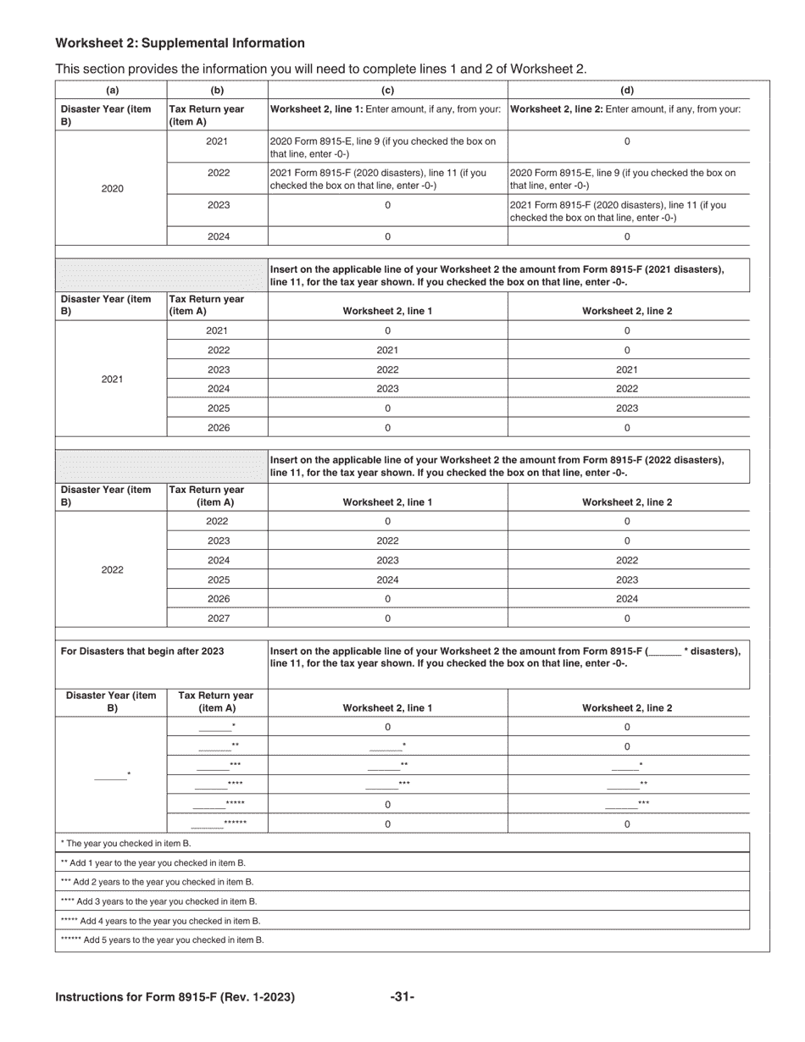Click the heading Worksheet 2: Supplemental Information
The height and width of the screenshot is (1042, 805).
click(180, 43)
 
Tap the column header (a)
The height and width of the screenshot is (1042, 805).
click(112, 91)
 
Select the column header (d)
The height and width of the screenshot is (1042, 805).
click(627, 91)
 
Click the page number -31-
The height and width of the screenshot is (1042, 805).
click(402, 997)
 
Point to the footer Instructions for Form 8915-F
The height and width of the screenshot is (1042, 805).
click(175, 997)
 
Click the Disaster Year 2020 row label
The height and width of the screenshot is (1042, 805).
click(112, 188)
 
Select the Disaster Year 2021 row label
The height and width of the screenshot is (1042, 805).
click(112, 380)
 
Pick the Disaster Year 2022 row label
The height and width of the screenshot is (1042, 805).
click(112, 570)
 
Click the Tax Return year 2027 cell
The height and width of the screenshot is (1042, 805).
click(218, 618)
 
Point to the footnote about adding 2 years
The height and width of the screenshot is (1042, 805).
click(158, 882)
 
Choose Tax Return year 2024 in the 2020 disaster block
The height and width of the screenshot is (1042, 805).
click(218, 237)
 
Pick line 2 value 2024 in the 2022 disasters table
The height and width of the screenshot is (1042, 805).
click(627, 599)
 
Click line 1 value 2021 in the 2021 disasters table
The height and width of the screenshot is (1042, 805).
click(387, 350)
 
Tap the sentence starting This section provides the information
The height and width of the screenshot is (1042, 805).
click(320, 69)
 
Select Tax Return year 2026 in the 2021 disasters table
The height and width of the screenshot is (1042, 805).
click(218, 428)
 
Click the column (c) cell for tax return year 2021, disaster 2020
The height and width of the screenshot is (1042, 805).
click(387, 147)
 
